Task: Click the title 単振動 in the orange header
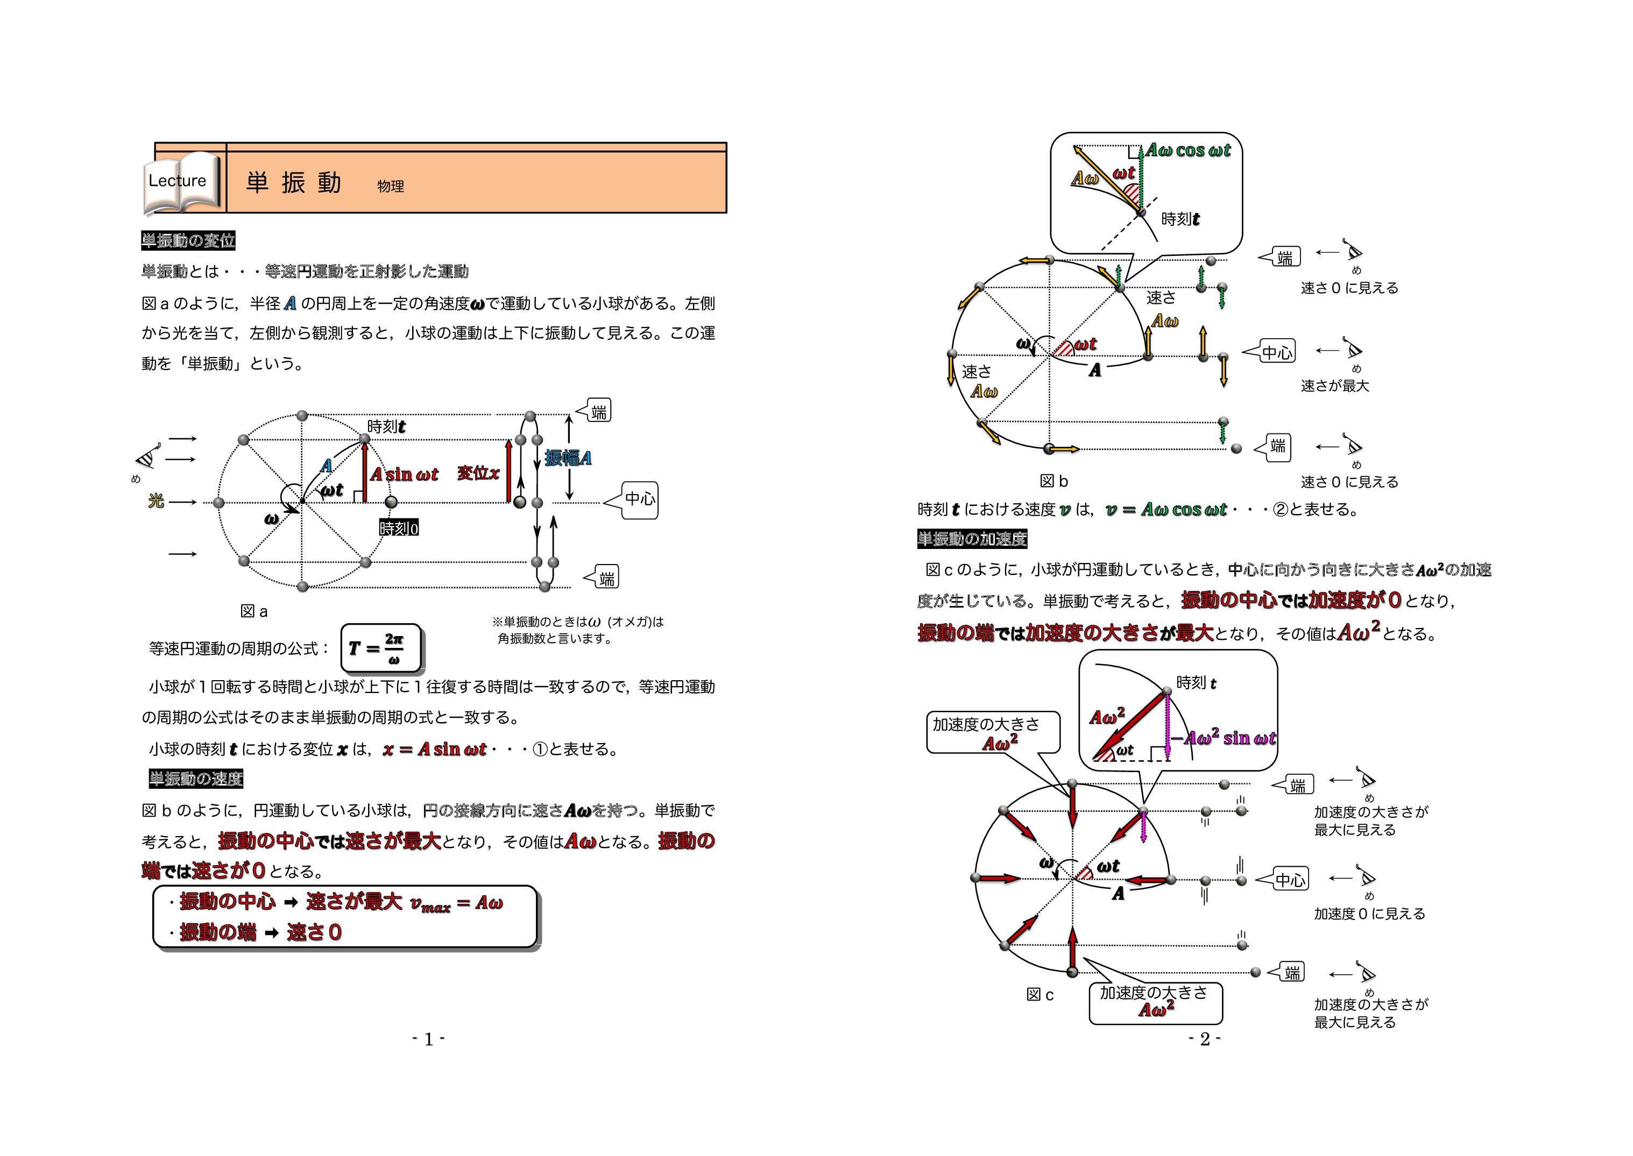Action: point(293,183)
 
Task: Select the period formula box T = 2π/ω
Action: point(381,648)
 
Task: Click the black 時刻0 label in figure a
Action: point(399,528)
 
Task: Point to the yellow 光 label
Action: point(156,501)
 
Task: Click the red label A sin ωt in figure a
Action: point(404,475)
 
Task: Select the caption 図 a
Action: point(255,611)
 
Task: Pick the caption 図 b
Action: point(1054,482)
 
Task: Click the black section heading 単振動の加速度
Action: point(972,539)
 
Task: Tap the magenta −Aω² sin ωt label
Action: point(1229,738)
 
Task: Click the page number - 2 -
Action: point(1204,1039)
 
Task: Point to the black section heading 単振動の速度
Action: point(196,779)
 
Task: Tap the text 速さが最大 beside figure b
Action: point(1334,386)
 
